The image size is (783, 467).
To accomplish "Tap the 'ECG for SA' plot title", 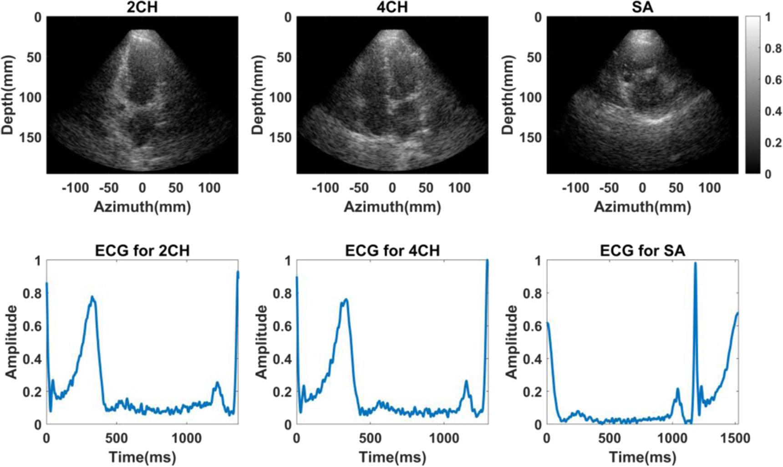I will [642, 250].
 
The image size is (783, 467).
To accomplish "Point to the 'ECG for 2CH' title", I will [142, 250].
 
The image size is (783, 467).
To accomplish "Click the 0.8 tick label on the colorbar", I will [773, 49].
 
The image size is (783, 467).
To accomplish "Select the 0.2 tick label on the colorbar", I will [773, 143].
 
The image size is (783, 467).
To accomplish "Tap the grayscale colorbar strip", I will [752, 95].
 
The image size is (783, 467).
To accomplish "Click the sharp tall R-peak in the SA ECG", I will [695, 264].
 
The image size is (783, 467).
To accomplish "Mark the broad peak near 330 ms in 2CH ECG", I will [92, 298].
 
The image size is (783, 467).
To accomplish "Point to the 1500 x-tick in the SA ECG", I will [735, 438].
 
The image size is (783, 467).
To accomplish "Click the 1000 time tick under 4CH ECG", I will [444, 438].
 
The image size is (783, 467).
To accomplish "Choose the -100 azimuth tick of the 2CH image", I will [75, 188].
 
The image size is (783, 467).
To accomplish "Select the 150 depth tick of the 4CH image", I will [280, 137].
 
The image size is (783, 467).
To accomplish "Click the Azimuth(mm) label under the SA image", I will [642, 207].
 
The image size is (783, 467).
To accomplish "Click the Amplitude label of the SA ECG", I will [512, 342].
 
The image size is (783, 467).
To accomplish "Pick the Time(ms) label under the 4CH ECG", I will [392, 457].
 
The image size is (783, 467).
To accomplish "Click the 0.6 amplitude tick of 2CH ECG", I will [32, 326].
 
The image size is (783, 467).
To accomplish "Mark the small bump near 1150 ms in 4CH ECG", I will [466, 381].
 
